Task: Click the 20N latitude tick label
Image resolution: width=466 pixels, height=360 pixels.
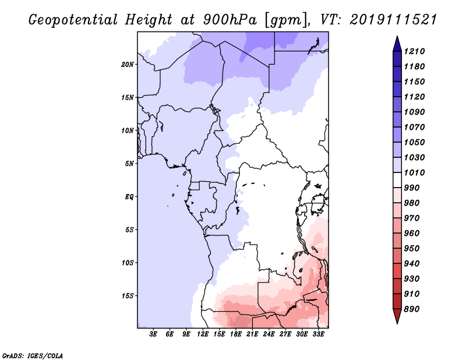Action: [128, 64]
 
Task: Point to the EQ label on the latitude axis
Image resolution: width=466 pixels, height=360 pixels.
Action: [129, 196]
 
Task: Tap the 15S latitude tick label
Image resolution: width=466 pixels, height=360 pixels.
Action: [128, 295]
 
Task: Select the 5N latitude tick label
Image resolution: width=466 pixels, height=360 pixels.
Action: [129, 164]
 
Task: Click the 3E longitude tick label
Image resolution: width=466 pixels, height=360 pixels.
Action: [154, 334]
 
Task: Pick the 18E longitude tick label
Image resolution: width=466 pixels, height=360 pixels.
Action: [236, 334]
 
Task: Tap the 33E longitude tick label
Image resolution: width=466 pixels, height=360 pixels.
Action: [318, 334]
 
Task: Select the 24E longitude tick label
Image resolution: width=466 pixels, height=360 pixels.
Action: [269, 334]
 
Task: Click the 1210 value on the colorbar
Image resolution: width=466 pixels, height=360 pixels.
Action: [416, 51]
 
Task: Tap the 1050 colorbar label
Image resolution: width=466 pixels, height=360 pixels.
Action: [416, 142]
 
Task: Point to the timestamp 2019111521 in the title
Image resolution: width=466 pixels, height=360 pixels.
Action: [394, 19]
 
